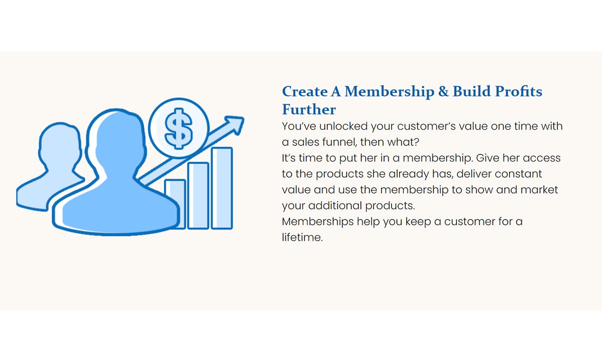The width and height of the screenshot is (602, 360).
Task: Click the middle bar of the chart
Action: (198, 195)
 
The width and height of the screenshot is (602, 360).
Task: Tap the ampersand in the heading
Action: (443, 91)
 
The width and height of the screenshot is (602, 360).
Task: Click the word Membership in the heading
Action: (389, 91)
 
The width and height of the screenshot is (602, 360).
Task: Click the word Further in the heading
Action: (309, 109)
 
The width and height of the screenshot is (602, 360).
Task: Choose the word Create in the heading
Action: (305, 91)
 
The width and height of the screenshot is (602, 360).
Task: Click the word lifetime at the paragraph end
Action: (302, 237)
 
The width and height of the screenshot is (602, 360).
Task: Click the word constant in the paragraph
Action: (518, 174)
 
